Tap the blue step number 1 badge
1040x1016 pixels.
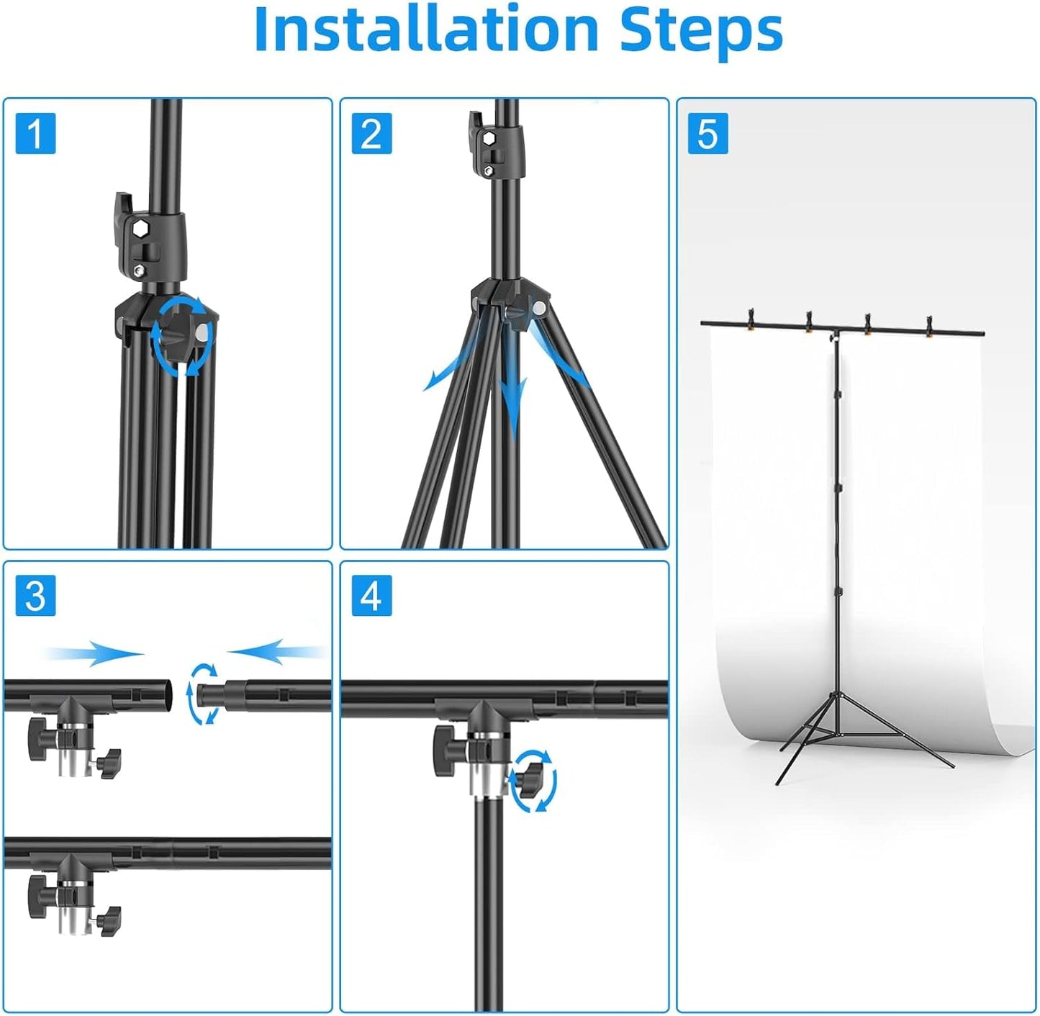(x=35, y=134)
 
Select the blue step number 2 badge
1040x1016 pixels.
(x=371, y=134)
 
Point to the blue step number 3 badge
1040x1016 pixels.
(x=35, y=596)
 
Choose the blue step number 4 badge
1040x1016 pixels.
(x=371, y=596)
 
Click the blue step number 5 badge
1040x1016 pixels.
(x=707, y=134)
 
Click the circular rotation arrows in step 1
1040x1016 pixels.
(x=182, y=335)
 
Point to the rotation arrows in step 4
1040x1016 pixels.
(x=533, y=781)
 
